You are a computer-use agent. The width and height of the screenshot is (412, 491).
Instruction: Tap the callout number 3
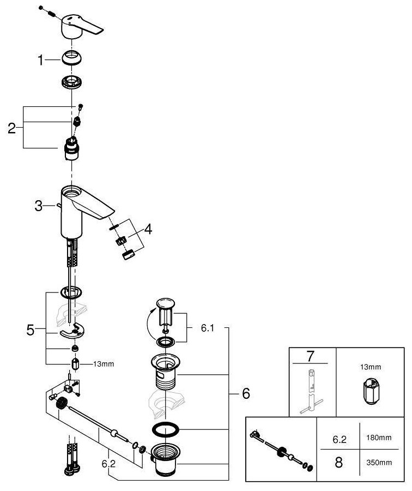(38, 206)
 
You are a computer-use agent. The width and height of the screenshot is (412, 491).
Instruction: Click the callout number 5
(31, 330)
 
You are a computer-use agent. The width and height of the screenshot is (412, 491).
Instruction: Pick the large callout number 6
(246, 393)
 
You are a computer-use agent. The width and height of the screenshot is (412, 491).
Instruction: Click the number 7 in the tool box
(310, 357)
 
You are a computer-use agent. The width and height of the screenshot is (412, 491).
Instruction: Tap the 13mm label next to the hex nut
(104, 363)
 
